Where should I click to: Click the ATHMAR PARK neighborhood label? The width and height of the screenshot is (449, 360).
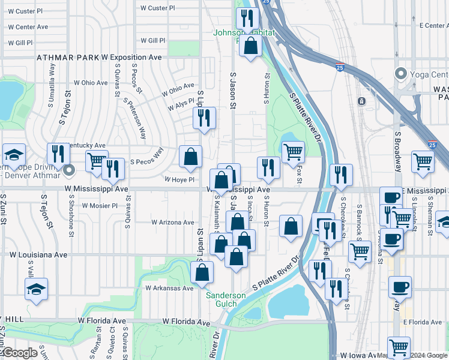(67, 58)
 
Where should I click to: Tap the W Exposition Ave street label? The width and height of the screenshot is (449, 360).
(131, 58)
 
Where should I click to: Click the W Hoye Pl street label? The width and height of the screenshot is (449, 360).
(180, 179)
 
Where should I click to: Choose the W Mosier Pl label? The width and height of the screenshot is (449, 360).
(98, 205)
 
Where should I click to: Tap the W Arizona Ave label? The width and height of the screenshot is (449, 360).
(172, 223)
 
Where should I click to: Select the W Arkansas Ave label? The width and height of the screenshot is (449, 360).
(169, 288)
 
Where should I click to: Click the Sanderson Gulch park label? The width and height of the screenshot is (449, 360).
(226, 299)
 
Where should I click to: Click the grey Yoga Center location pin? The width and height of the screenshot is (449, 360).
(400, 74)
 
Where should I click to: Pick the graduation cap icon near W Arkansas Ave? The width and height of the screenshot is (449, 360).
(36, 289)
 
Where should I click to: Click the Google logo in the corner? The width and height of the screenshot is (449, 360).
(20, 353)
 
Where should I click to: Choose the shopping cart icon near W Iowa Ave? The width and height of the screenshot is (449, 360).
(399, 346)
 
